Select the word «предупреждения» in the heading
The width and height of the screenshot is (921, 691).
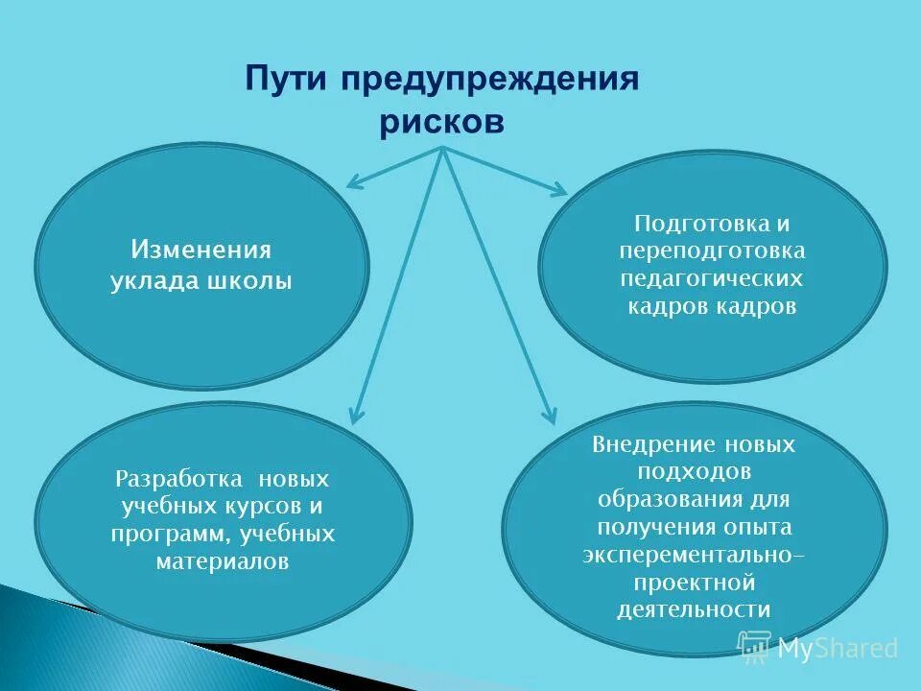coord(486,79)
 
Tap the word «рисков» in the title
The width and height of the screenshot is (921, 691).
coord(440,124)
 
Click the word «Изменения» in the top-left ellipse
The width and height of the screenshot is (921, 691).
coord(201,250)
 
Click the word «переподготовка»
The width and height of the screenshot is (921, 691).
coord(712,251)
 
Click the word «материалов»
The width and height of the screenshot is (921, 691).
coord(222,561)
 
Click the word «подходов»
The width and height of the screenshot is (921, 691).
coord(694,472)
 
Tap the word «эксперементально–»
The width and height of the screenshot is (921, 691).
coord(687,556)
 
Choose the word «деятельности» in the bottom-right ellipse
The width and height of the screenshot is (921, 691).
coord(694,609)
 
